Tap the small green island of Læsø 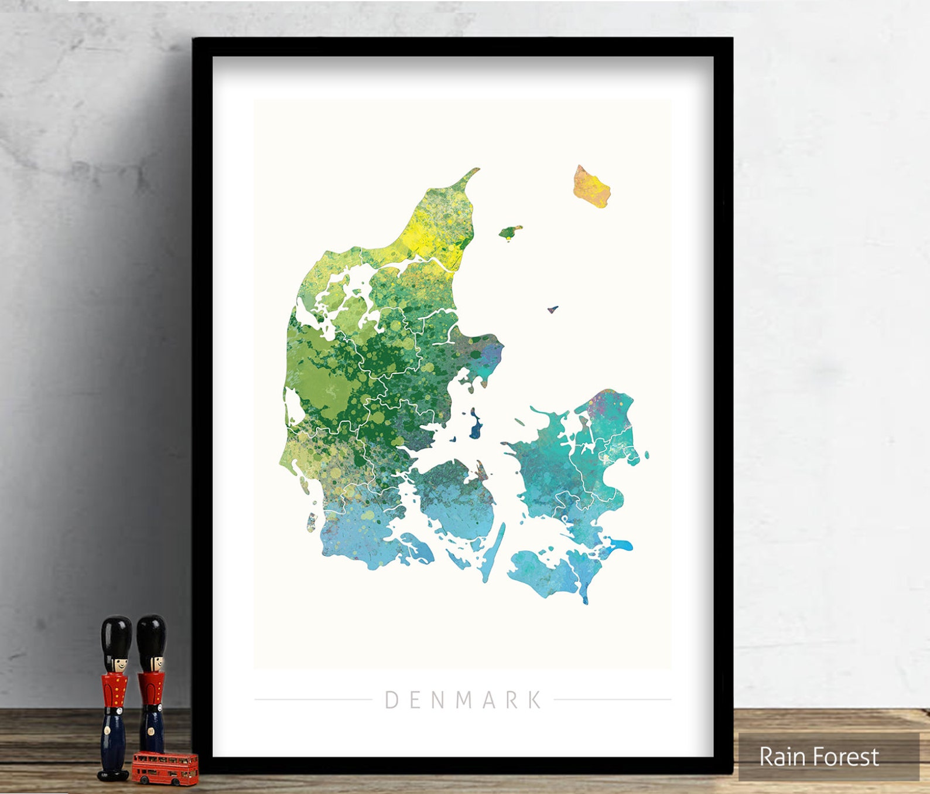(510, 232)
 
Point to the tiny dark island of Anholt (552, 309)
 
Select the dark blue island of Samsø (475, 426)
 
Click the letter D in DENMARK (392, 700)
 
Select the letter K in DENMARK (534, 700)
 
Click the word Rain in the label (780, 756)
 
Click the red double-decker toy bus (165, 768)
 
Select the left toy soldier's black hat (116, 635)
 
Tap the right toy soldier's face (153, 664)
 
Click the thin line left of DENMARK (313, 699)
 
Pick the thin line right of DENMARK (613, 699)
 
